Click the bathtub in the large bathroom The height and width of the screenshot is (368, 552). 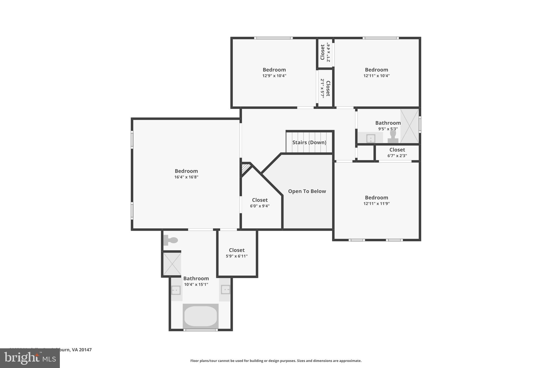pos(201,316)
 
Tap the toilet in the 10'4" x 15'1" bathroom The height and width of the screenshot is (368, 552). pos(171,240)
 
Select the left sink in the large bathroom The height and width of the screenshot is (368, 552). pos(176,290)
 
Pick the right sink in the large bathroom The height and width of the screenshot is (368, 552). pos(225,290)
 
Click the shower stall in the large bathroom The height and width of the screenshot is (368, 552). pos(172,264)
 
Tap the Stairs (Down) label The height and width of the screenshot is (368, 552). pos(309,142)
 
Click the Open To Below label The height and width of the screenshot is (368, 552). pos(307,191)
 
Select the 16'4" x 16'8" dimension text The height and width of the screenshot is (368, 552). pos(186,177)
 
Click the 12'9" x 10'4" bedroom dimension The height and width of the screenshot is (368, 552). pos(274,76)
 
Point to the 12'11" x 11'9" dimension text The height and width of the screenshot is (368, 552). pos(376,204)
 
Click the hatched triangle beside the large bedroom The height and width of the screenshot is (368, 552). pos(245,169)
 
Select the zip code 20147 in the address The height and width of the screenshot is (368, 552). pos(85,350)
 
